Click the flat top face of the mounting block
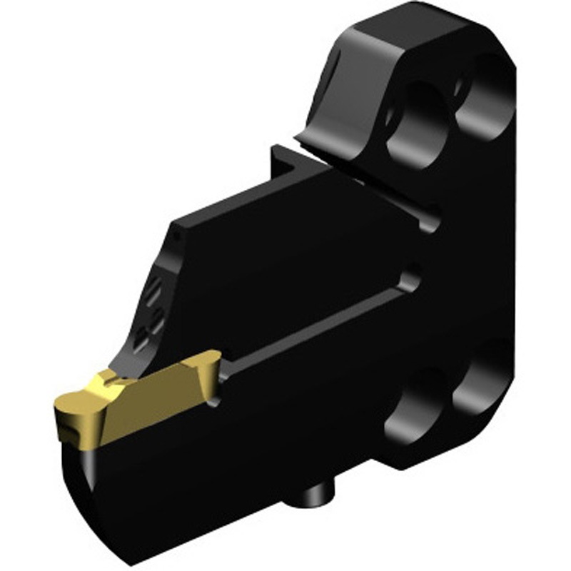(x=400, y=36)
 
